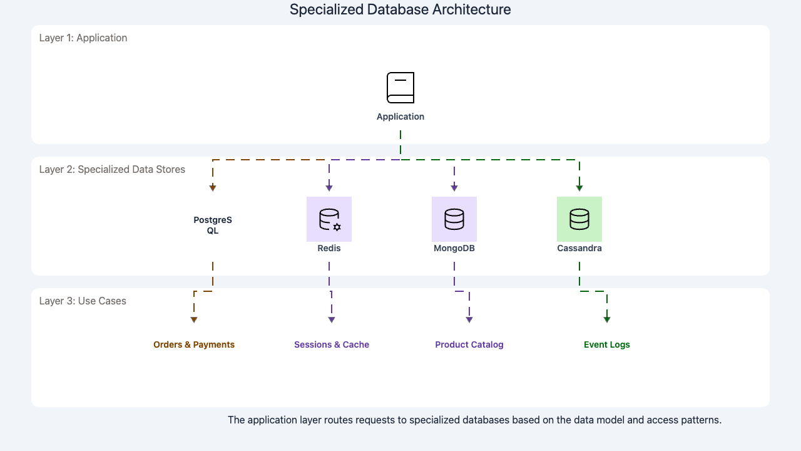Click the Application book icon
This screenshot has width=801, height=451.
click(400, 88)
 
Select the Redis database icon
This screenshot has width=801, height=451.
click(329, 219)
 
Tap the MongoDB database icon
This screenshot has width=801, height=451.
click(454, 219)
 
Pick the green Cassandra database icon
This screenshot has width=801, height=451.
click(579, 219)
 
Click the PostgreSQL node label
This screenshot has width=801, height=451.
click(213, 225)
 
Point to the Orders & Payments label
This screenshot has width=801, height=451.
click(194, 345)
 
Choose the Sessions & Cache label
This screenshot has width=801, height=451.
click(332, 345)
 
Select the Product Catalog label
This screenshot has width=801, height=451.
click(469, 345)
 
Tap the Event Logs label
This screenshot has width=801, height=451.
click(607, 345)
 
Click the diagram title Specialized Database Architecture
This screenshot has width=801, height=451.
click(400, 10)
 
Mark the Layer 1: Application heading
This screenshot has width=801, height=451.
click(83, 38)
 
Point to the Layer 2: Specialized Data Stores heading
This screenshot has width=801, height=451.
click(112, 169)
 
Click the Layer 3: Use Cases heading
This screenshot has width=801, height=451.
click(83, 301)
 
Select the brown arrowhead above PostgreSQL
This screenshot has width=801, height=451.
click(213, 188)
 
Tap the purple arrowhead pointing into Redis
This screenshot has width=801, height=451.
click(329, 188)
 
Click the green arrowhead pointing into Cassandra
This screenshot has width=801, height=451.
click(579, 188)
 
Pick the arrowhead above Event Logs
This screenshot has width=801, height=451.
click(607, 320)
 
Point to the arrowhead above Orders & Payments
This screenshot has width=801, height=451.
click(194, 320)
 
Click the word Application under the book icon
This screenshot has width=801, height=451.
click(400, 117)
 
